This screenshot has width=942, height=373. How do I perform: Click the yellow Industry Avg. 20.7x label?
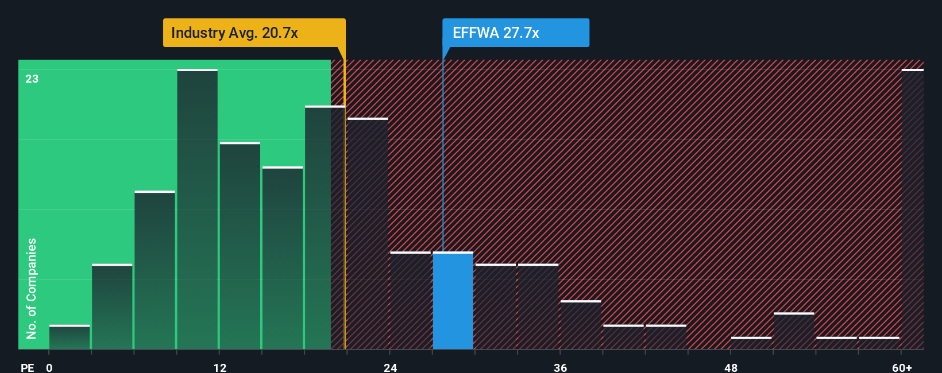(254, 33)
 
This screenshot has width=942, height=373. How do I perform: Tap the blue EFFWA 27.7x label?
(516, 33)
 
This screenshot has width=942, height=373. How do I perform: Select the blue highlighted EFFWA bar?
(453, 300)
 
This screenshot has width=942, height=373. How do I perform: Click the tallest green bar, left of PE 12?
(197, 209)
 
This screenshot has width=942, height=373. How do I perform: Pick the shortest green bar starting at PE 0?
(70, 337)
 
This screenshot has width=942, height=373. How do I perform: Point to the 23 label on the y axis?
(32, 79)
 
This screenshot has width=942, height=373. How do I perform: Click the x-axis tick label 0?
(49, 368)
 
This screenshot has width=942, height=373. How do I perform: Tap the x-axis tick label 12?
(219, 368)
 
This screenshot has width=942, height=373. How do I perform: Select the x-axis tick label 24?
(390, 368)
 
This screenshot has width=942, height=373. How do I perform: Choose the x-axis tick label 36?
(560, 368)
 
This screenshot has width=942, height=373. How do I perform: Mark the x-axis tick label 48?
(731, 368)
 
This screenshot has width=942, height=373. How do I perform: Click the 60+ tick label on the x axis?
(902, 368)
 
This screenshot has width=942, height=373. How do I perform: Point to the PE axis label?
(28, 368)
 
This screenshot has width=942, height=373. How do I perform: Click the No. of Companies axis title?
(32, 289)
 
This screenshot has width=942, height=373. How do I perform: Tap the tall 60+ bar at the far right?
(913, 209)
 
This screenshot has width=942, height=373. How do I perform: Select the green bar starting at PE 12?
(240, 246)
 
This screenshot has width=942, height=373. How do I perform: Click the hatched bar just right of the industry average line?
(368, 234)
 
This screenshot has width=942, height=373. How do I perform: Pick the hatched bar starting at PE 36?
(581, 325)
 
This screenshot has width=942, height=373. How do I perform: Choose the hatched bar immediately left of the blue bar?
(411, 300)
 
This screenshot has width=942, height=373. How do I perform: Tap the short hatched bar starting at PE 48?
(751, 343)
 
